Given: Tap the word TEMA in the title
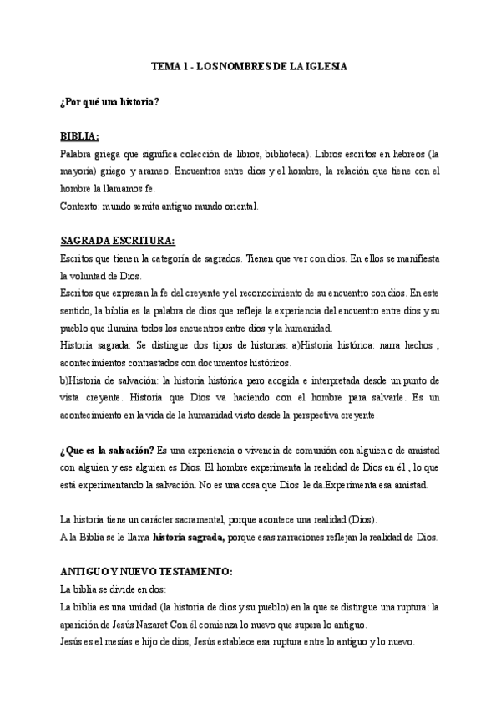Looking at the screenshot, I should (164, 64).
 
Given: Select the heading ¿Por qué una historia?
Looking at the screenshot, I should (109, 101).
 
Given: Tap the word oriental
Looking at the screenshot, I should (238, 205).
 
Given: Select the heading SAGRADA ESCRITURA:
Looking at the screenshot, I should (118, 242).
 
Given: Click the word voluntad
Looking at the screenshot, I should (98, 275).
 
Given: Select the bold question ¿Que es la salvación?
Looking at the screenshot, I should (107, 451).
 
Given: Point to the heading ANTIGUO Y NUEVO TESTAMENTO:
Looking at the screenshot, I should (147, 572).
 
